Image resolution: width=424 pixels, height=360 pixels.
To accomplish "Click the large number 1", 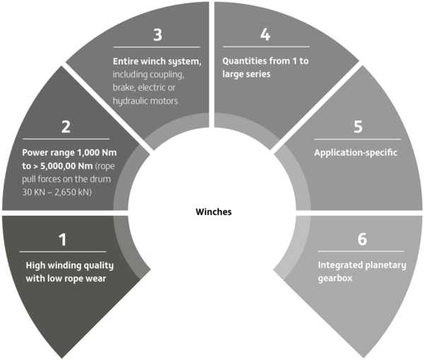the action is (63, 240).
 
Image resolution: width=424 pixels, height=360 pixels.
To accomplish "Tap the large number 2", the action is (66, 127).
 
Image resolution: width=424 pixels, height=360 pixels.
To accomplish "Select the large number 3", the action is (158, 35).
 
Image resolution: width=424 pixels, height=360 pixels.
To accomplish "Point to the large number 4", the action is (265, 35).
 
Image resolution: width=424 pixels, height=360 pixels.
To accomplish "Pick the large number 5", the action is (358, 127).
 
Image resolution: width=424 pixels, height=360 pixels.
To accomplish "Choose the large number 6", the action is (363, 239).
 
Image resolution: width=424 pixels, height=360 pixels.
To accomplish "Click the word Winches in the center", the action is (213, 211).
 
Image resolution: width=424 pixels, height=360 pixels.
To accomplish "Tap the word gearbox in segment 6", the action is (335, 279).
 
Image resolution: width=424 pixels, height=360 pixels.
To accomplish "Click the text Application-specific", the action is (355, 153).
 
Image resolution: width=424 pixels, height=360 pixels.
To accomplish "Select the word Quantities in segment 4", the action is (242, 61).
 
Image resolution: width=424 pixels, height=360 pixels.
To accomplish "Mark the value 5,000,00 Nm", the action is (66, 166).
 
